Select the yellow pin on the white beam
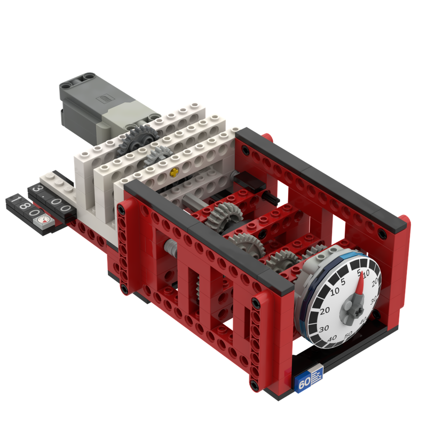coord(172,172)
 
